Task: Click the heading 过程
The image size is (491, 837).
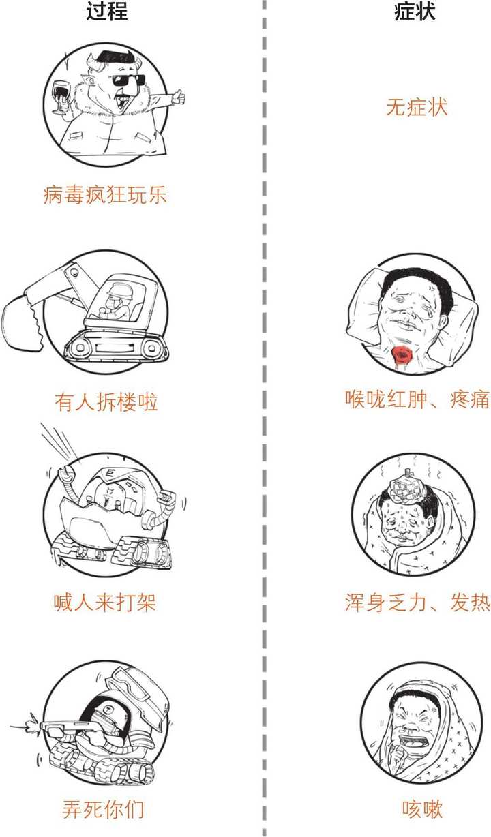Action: pos(107,12)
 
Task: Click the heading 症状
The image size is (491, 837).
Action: pos(415,12)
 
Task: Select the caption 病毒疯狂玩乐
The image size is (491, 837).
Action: pos(104,196)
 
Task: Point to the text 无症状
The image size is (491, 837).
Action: pos(417,107)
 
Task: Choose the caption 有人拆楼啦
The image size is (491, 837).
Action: pos(106,401)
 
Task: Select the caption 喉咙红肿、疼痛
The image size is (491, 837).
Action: pos(417,399)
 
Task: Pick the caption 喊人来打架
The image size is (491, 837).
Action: pos(105,603)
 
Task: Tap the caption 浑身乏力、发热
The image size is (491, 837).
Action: pos(417,603)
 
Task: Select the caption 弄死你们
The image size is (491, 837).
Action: pos(103,809)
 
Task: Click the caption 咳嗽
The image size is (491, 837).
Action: pos(423,809)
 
